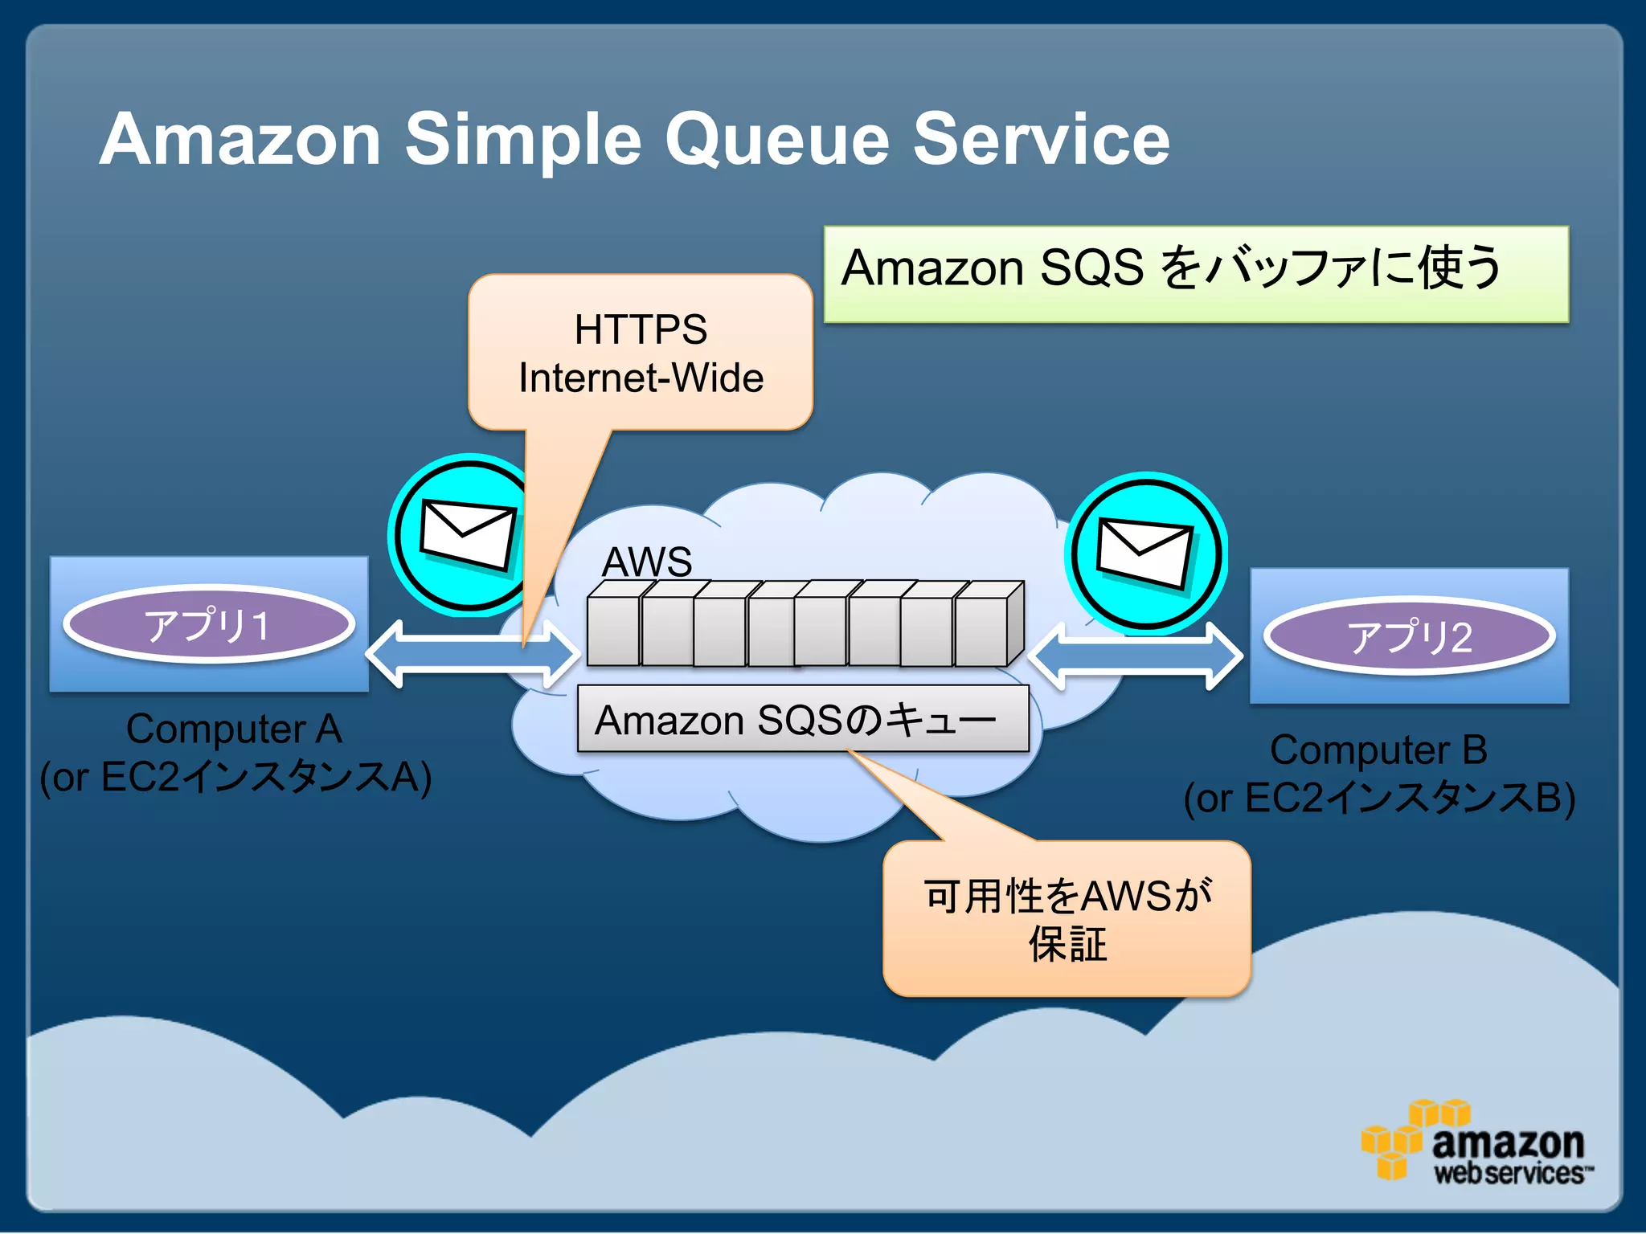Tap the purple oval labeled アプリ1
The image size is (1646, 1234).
208,624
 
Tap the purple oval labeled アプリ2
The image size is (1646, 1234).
1409,636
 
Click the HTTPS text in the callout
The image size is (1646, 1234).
641,329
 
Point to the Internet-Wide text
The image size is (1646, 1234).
641,378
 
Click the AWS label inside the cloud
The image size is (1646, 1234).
647,561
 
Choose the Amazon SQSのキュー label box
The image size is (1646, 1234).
802,719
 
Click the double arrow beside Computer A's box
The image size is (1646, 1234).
473,654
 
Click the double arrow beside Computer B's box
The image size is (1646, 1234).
1135,656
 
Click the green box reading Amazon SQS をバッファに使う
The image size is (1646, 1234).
1196,274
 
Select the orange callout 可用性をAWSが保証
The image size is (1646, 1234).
1067,919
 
